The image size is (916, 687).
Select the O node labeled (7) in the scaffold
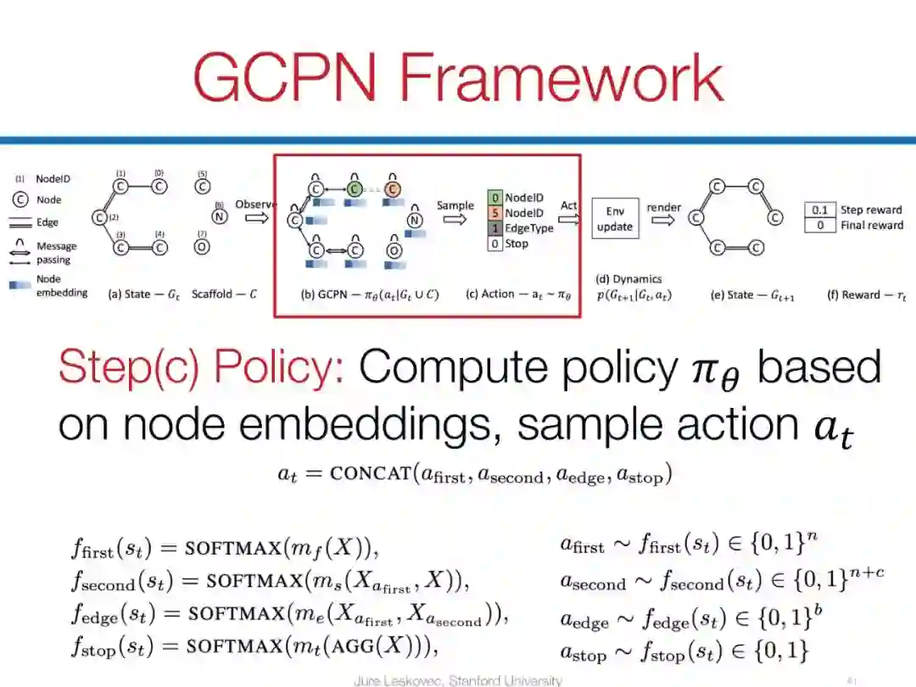[x=203, y=248]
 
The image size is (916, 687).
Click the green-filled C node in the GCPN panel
[x=355, y=188]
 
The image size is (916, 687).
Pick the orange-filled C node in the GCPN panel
[x=392, y=188]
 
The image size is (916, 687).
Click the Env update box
[x=615, y=219]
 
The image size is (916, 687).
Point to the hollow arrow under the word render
[x=664, y=222]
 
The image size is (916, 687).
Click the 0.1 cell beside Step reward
[x=818, y=210]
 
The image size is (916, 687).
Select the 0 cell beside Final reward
[x=818, y=226]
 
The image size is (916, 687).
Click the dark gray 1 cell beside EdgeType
[x=494, y=228]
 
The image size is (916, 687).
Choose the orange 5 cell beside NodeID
[x=494, y=213]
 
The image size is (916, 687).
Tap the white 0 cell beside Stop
[x=494, y=244]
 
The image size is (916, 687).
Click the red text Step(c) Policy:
[x=200, y=367]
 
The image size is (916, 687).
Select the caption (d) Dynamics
[x=628, y=278]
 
